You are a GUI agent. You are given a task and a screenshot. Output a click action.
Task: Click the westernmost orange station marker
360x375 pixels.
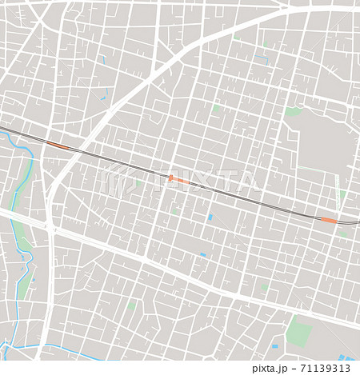click(x=58, y=146)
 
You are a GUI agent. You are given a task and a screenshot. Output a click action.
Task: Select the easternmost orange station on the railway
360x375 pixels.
click(x=329, y=220)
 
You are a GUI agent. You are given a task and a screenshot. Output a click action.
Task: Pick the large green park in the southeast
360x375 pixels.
click(x=299, y=331)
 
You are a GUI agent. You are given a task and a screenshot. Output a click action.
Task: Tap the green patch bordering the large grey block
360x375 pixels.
click(x=294, y=112)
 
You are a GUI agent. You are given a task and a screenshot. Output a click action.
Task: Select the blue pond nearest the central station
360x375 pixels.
click(x=210, y=217)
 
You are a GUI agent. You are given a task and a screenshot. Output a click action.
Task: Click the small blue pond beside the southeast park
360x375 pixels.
click(x=274, y=347)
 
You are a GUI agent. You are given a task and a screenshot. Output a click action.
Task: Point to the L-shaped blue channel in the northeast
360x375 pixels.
click(x=265, y=58)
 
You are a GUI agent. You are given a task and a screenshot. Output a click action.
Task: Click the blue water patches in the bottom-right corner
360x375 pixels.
click(x=346, y=357)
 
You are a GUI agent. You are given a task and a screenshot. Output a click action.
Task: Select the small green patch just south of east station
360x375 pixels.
click(x=342, y=233)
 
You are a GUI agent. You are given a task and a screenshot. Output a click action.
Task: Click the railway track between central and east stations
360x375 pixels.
click(x=256, y=200)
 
